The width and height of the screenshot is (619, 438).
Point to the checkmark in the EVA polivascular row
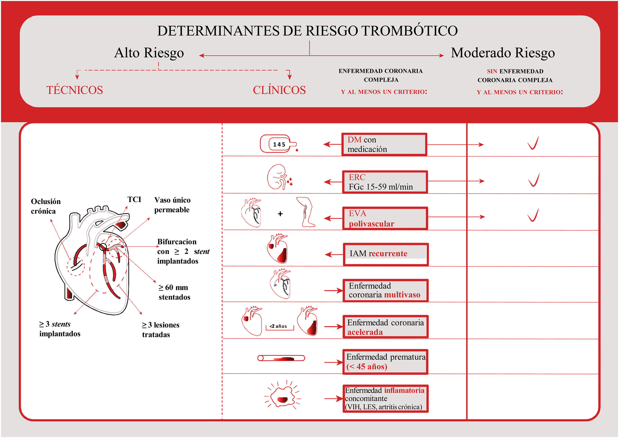pyautogui.click(x=533, y=215)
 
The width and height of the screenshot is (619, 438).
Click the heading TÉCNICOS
pyautogui.click(x=75, y=90)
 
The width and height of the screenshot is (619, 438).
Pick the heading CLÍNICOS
pyautogui.click(x=279, y=90)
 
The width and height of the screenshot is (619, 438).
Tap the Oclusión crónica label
pyautogui.click(x=45, y=206)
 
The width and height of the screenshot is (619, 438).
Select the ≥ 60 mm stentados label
pyautogui.click(x=174, y=292)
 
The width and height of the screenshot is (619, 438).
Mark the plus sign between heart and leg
pyautogui.click(x=280, y=214)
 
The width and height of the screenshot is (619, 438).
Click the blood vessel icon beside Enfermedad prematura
pyautogui.click(x=281, y=358)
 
